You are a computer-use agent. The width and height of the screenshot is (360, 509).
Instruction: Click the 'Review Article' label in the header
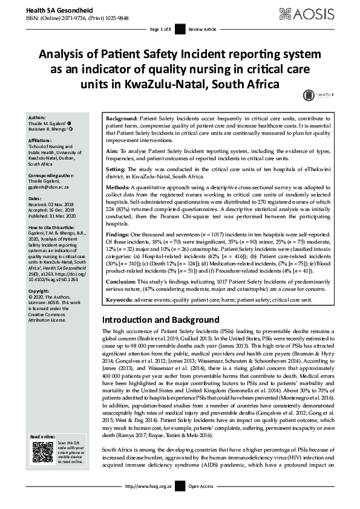[202, 29]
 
